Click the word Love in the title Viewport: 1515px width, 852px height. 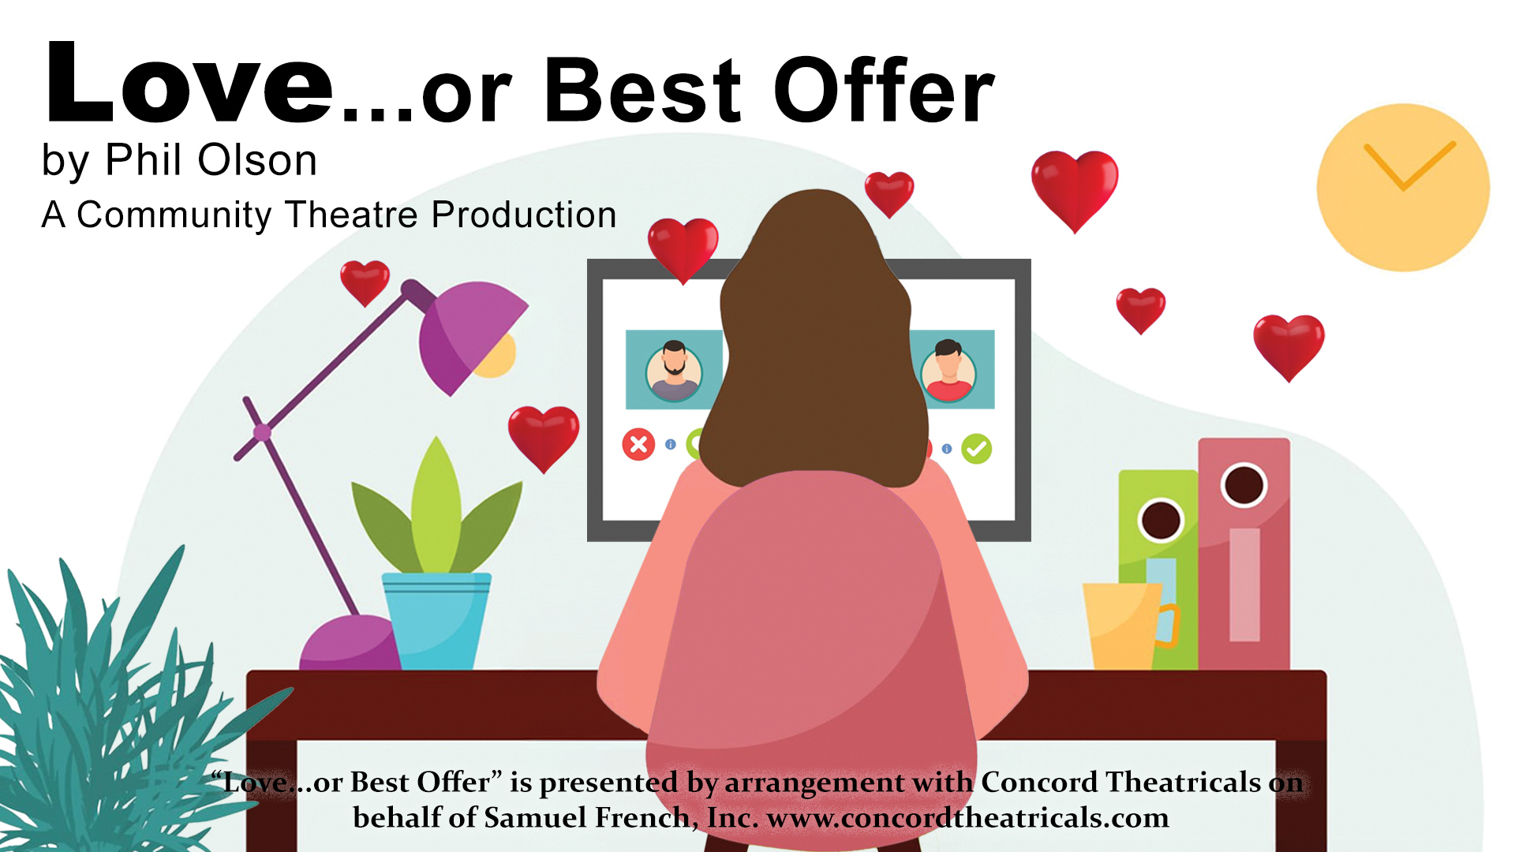pyautogui.click(x=189, y=83)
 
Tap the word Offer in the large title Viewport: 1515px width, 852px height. pyautogui.click(x=884, y=90)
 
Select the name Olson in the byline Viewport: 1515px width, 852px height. pyautogui.click(x=257, y=160)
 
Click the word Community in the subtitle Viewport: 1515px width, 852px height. pyautogui.click(x=174, y=215)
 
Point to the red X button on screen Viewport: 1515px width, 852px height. pyautogui.click(x=638, y=444)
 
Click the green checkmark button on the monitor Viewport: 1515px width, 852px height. pyautogui.click(x=977, y=449)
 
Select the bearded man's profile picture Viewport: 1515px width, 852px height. pyautogui.click(x=674, y=370)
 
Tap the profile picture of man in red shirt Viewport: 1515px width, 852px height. pyautogui.click(x=948, y=370)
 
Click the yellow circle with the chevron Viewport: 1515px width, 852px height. pyautogui.click(x=1403, y=188)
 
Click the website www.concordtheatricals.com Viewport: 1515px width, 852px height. pyautogui.click(x=968, y=818)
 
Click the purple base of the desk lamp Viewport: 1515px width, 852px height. pyautogui.click(x=350, y=643)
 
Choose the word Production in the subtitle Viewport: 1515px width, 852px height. pyautogui.click(x=524, y=215)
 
